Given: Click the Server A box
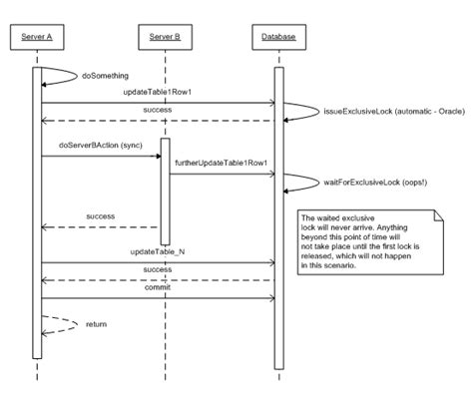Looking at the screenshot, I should pyautogui.click(x=38, y=38).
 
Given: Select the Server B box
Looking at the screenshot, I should pyautogui.click(x=165, y=38).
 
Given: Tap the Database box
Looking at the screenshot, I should pyautogui.click(x=279, y=38).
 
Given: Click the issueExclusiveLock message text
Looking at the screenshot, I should pyautogui.click(x=377, y=112).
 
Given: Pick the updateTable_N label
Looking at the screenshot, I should pyautogui.click(x=158, y=253).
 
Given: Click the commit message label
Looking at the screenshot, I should pyautogui.click(x=158, y=289).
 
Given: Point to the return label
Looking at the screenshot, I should pyautogui.click(x=97, y=324).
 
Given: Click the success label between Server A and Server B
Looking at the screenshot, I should pyautogui.click(x=100, y=216).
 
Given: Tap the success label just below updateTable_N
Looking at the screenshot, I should pyautogui.click(x=158, y=269).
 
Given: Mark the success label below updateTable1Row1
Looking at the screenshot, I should pyautogui.click(x=158, y=108).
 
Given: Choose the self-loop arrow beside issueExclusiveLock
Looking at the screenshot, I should pyautogui.click(x=299, y=111).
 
